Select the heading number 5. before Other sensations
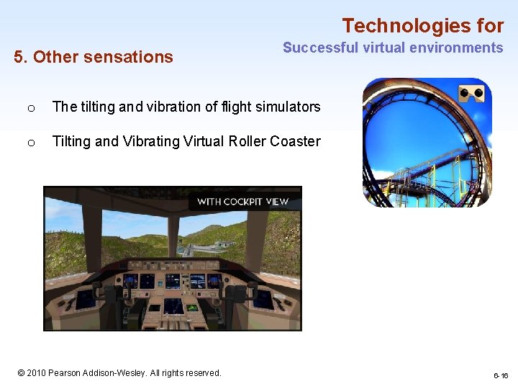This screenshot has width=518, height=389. coord(21,57)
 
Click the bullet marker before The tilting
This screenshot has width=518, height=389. coord(30,108)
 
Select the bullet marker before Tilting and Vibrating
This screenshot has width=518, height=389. coord(30,143)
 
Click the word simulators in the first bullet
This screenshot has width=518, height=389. coord(283,107)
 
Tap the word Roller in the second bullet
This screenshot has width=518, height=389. coord(247,142)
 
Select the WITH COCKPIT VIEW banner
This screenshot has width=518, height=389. coord(242,202)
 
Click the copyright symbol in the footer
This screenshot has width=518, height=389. coord(22,373)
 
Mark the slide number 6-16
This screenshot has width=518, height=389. coord(501,376)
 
